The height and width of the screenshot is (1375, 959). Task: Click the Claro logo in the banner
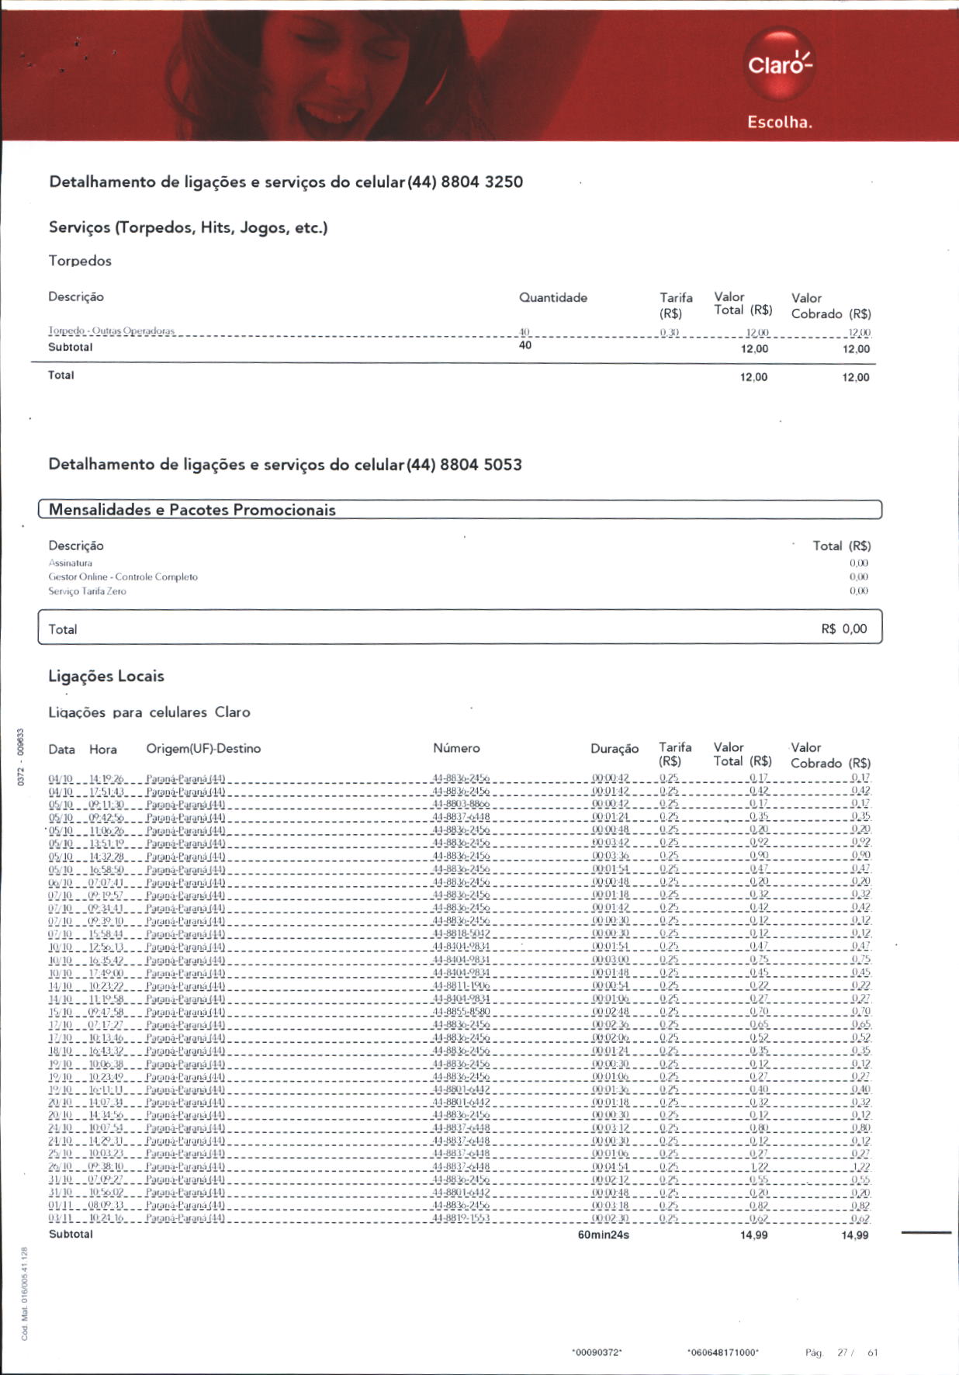point(779,64)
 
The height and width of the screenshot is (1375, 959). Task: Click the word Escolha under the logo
point(779,122)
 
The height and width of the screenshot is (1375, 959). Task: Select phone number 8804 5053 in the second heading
point(480,465)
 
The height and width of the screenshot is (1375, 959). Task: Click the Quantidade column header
point(552,298)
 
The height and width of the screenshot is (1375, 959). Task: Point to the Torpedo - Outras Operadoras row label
point(112,331)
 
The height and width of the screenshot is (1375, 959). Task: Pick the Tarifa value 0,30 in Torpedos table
point(670,333)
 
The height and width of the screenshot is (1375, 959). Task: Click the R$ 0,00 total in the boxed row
point(843,629)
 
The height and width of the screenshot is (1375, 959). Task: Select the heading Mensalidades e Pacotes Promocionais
point(192,510)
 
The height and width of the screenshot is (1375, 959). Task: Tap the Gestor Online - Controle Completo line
point(123,577)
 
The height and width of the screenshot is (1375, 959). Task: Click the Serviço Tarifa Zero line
point(87,591)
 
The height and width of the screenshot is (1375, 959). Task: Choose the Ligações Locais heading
point(106,676)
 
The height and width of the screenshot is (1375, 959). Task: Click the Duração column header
point(614,749)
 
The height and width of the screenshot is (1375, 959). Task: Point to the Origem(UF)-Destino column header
point(203,749)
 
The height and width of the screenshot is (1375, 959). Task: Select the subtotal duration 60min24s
point(603,1235)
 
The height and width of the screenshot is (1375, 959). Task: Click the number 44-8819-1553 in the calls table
point(461,1218)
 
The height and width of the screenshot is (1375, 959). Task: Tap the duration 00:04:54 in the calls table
point(611,1167)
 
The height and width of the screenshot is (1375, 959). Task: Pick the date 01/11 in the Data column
point(60,1206)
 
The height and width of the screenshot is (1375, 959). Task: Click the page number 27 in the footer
point(842,1352)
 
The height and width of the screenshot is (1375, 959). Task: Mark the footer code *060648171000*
point(722,1352)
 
